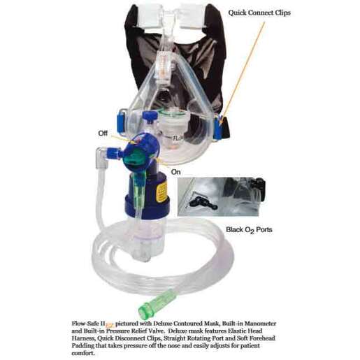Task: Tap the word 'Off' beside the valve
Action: (103, 131)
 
